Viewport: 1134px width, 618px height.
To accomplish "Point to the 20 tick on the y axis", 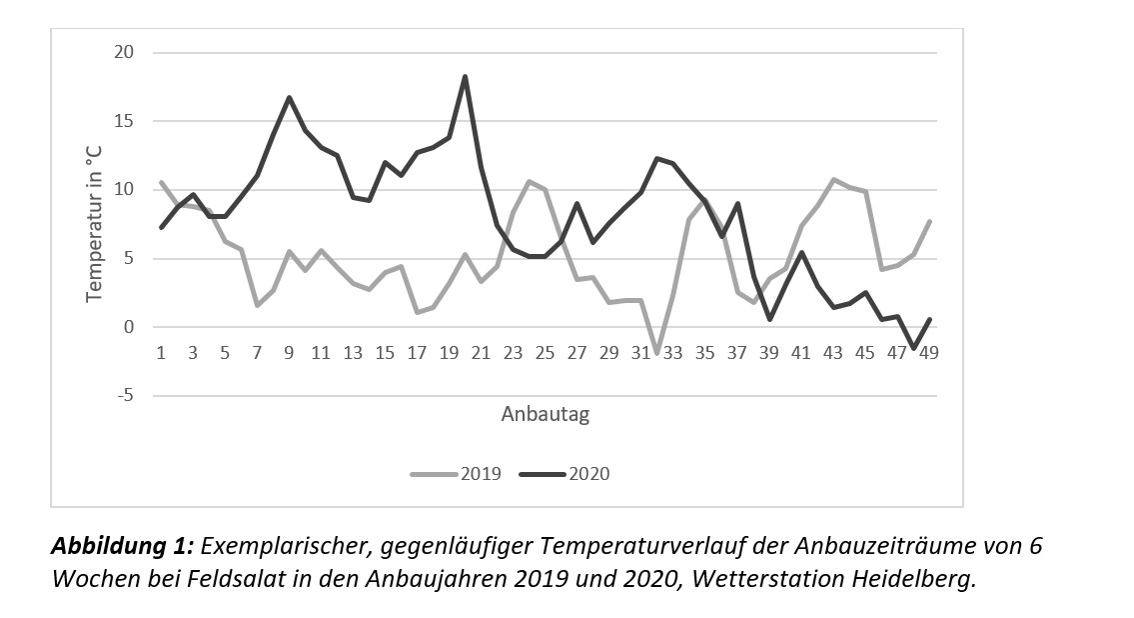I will (x=124, y=52).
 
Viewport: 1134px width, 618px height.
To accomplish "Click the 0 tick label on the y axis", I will (x=129, y=327).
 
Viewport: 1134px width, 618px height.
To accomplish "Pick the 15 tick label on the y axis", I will (x=124, y=121).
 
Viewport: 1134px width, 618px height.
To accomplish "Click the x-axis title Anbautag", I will (x=545, y=414).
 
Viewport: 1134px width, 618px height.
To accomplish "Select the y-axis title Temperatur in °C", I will (x=95, y=219).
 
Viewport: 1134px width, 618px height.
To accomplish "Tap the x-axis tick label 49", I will (x=928, y=352).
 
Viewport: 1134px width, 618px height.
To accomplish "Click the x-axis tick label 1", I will (x=161, y=352).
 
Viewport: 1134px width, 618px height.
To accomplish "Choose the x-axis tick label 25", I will (x=545, y=352).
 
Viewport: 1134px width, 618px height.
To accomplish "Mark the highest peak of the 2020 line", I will (x=465, y=77).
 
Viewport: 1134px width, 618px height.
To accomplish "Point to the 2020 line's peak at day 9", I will (x=289, y=98).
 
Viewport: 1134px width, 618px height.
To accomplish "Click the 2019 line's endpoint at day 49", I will (x=929, y=221).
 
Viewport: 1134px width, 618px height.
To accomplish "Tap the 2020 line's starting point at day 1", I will (x=161, y=227).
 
